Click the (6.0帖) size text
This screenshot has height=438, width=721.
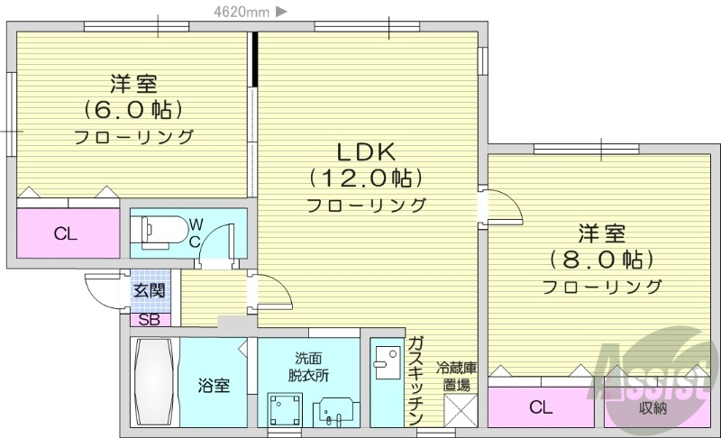(x=134, y=110)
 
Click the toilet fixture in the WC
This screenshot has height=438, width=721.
(x=157, y=230)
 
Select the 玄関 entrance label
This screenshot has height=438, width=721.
(x=150, y=290)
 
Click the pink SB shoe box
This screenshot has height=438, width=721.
(x=149, y=318)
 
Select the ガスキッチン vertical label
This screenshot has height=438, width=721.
(x=415, y=379)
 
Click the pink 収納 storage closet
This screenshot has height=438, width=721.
(x=653, y=407)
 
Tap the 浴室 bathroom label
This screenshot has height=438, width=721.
(x=214, y=386)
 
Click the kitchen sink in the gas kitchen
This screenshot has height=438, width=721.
(x=388, y=360)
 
